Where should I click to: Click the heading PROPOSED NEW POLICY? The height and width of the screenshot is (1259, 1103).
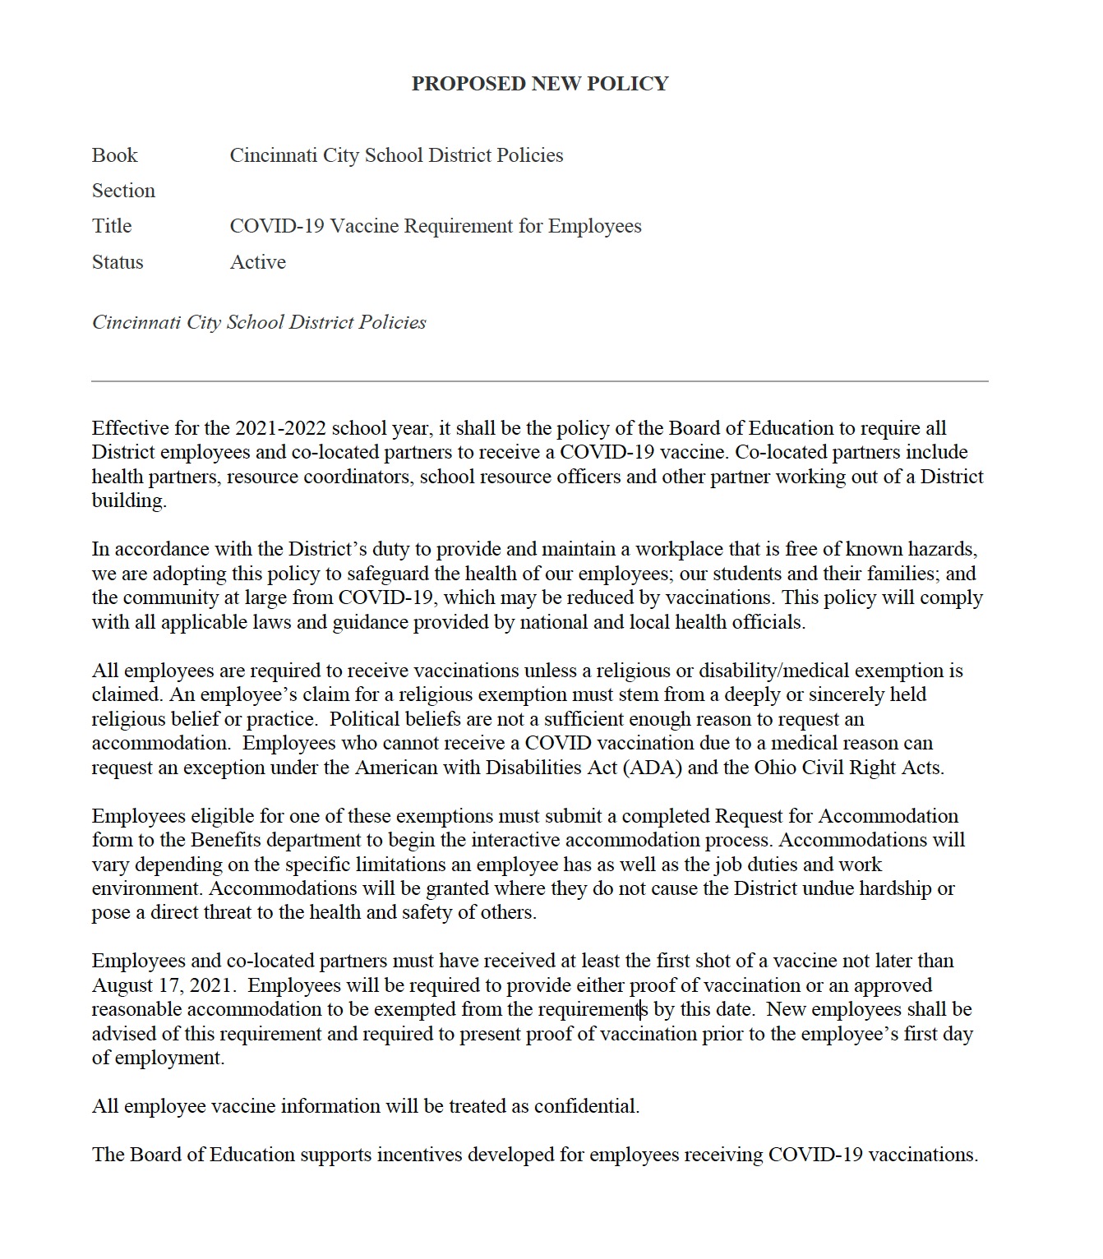click(540, 84)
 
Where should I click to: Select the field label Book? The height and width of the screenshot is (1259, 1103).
click(114, 155)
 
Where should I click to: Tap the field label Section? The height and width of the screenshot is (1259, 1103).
click(123, 191)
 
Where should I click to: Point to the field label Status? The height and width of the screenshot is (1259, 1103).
click(118, 262)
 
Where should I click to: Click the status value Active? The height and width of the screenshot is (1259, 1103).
click(258, 262)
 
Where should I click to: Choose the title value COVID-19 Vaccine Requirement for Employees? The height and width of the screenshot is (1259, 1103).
click(436, 226)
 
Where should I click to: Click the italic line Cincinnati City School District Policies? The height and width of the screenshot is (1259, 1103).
click(259, 322)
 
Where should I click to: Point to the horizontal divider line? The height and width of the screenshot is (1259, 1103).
click(539, 381)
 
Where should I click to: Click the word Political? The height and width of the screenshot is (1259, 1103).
click(365, 719)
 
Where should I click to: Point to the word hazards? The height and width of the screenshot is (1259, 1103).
click(942, 549)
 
